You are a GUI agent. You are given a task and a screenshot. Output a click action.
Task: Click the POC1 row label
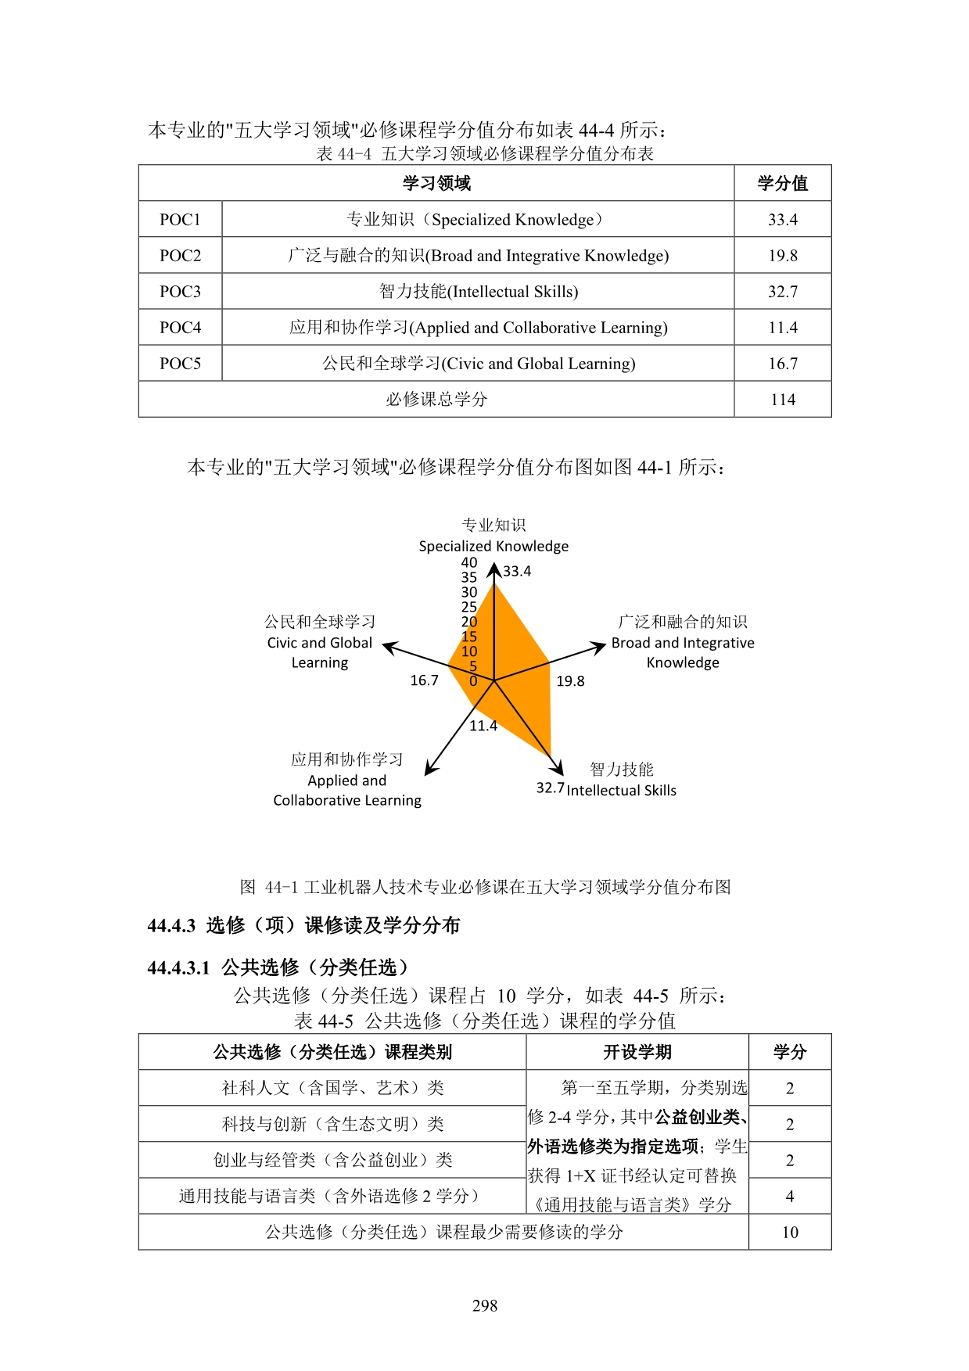(x=180, y=220)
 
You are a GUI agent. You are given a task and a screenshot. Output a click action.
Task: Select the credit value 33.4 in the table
(x=782, y=220)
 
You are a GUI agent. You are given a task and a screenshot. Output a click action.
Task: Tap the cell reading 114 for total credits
(x=782, y=400)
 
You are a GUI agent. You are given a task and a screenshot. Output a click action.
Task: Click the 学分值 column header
(x=782, y=184)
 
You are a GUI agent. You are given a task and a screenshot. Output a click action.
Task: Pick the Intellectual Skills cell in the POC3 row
(x=478, y=292)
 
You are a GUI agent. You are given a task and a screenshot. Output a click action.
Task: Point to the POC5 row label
(x=180, y=364)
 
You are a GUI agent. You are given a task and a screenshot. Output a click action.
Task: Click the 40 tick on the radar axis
(x=469, y=562)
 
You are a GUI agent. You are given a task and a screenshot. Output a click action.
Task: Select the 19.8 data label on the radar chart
(x=570, y=681)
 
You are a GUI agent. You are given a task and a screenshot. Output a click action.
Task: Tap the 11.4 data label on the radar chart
(x=483, y=726)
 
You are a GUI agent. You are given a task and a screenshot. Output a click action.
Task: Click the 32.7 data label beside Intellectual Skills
(x=550, y=788)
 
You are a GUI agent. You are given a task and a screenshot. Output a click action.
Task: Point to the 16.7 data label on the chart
(x=424, y=680)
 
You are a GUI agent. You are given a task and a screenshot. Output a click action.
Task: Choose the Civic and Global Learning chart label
(x=320, y=642)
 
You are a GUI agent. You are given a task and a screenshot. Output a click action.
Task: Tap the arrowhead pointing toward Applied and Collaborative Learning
(x=430, y=769)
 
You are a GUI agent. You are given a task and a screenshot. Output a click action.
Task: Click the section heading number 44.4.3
(x=171, y=926)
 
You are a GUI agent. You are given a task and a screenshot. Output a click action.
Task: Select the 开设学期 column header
(x=637, y=1052)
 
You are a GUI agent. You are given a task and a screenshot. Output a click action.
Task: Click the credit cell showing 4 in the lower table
(x=789, y=1197)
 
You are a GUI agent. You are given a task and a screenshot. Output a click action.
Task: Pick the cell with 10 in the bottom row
(x=789, y=1233)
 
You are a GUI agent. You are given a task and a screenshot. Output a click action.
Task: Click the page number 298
(x=485, y=1305)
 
